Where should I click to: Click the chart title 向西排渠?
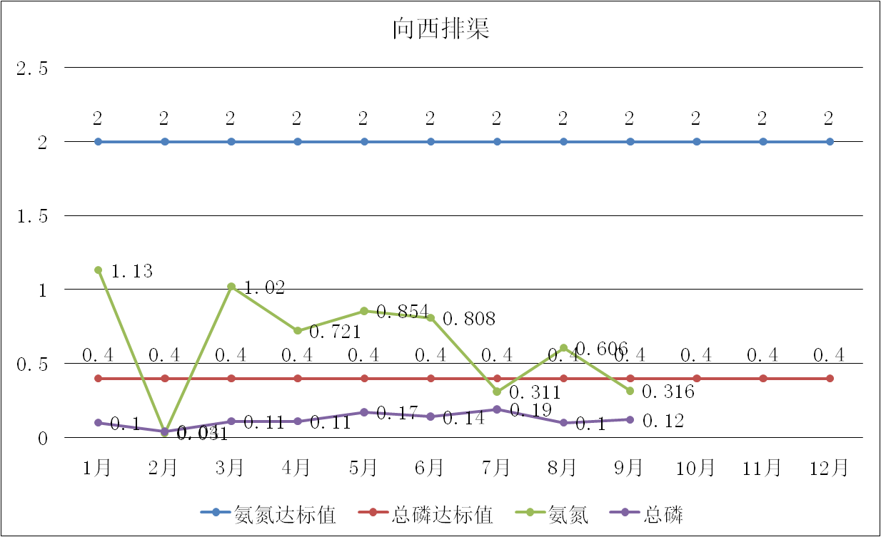(440, 30)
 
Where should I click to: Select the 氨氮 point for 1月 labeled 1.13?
(98, 270)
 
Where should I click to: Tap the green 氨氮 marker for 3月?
(231, 287)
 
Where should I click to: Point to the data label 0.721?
(336, 332)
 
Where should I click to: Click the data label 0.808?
(469, 319)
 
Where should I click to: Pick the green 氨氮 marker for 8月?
(563, 348)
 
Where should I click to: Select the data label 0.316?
(668, 392)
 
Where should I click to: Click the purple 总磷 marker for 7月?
(497, 409)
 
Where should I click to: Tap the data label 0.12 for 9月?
(663, 421)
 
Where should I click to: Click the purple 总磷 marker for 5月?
(364, 412)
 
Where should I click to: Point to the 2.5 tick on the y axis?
(32, 68)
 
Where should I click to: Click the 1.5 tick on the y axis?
(32, 216)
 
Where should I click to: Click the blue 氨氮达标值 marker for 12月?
(830, 142)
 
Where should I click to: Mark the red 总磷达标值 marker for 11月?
(763, 378)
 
